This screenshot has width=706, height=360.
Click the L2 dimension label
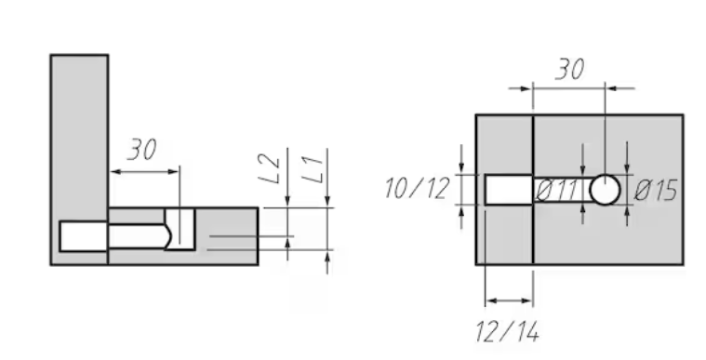tap(269, 168)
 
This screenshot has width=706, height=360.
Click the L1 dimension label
tap(313, 169)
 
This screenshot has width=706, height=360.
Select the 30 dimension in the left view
tap(142, 150)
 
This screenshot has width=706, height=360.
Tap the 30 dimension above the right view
tap(570, 70)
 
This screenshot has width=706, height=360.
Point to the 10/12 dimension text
tap(417, 188)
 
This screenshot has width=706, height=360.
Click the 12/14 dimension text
tap(508, 332)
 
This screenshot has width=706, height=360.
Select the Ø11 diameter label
tap(556, 190)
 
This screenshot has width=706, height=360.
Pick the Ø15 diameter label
tap(655, 190)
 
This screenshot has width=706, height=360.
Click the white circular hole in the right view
tap(605, 190)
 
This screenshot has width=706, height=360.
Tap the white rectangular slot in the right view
tap(509, 190)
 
